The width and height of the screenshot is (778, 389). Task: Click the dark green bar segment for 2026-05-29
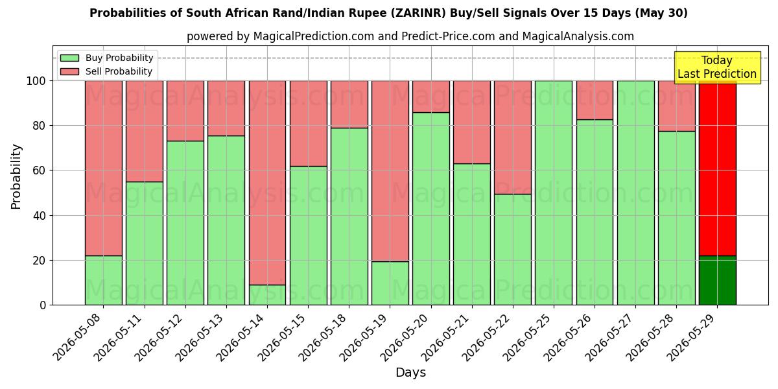point(717,280)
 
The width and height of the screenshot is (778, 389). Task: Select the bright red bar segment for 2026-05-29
point(717,169)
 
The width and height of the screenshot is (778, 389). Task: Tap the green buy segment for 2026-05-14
point(267,295)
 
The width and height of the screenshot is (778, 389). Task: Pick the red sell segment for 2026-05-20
point(431,97)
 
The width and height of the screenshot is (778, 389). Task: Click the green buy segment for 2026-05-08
point(104,280)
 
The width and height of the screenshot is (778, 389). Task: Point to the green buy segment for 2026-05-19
point(390,283)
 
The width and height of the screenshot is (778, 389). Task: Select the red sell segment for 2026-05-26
point(595,100)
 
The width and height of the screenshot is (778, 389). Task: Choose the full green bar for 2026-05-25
point(554,193)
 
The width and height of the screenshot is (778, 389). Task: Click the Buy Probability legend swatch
point(69,58)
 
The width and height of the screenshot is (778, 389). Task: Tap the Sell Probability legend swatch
point(69,71)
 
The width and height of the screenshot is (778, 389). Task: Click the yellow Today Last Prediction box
point(717,67)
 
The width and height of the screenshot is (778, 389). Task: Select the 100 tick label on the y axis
point(36,81)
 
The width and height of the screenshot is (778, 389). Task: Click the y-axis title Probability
point(16,176)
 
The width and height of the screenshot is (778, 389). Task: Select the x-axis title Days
point(410,373)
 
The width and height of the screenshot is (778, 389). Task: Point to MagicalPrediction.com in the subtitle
point(314,36)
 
